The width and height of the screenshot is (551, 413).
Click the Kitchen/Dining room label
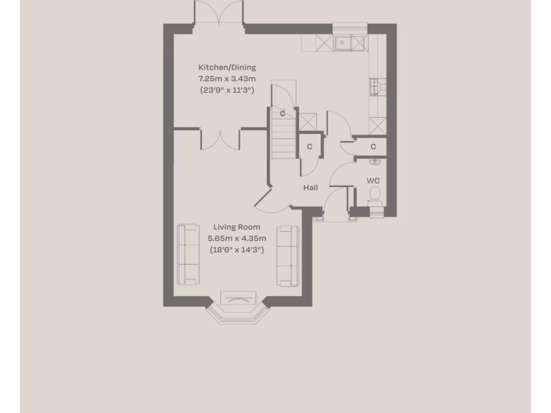click(x=227, y=68)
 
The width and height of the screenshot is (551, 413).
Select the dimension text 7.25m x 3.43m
click(x=227, y=79)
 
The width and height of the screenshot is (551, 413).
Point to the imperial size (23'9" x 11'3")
click(x=227, y=90)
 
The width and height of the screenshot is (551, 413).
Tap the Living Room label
click(x=236, y=227)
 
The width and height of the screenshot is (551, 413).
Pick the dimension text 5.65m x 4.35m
click(x=236, y=238)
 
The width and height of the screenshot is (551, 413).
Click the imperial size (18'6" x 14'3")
click(x=236, y=250)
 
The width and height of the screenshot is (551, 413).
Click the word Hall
click(x=310, y=188)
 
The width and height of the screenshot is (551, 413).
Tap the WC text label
click(x=373, y=181)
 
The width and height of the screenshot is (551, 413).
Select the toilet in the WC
click(x=375, y=195)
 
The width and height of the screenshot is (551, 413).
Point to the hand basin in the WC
click(x=375, y=161)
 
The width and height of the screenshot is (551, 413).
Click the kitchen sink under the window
click(x=343, y=42)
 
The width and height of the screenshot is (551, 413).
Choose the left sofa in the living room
click(x=188, y=255)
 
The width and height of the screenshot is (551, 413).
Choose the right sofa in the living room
click(x=288, y=255)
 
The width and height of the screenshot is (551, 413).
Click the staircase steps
click(x=283, y=141)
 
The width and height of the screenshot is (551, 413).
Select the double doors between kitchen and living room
click(x=221, y=139)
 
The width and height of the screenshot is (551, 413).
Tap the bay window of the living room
click(x=237, y=311)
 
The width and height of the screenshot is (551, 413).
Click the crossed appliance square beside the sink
click(x=323, y=42)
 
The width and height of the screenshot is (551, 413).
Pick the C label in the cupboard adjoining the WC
click(x=373, y=147)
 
